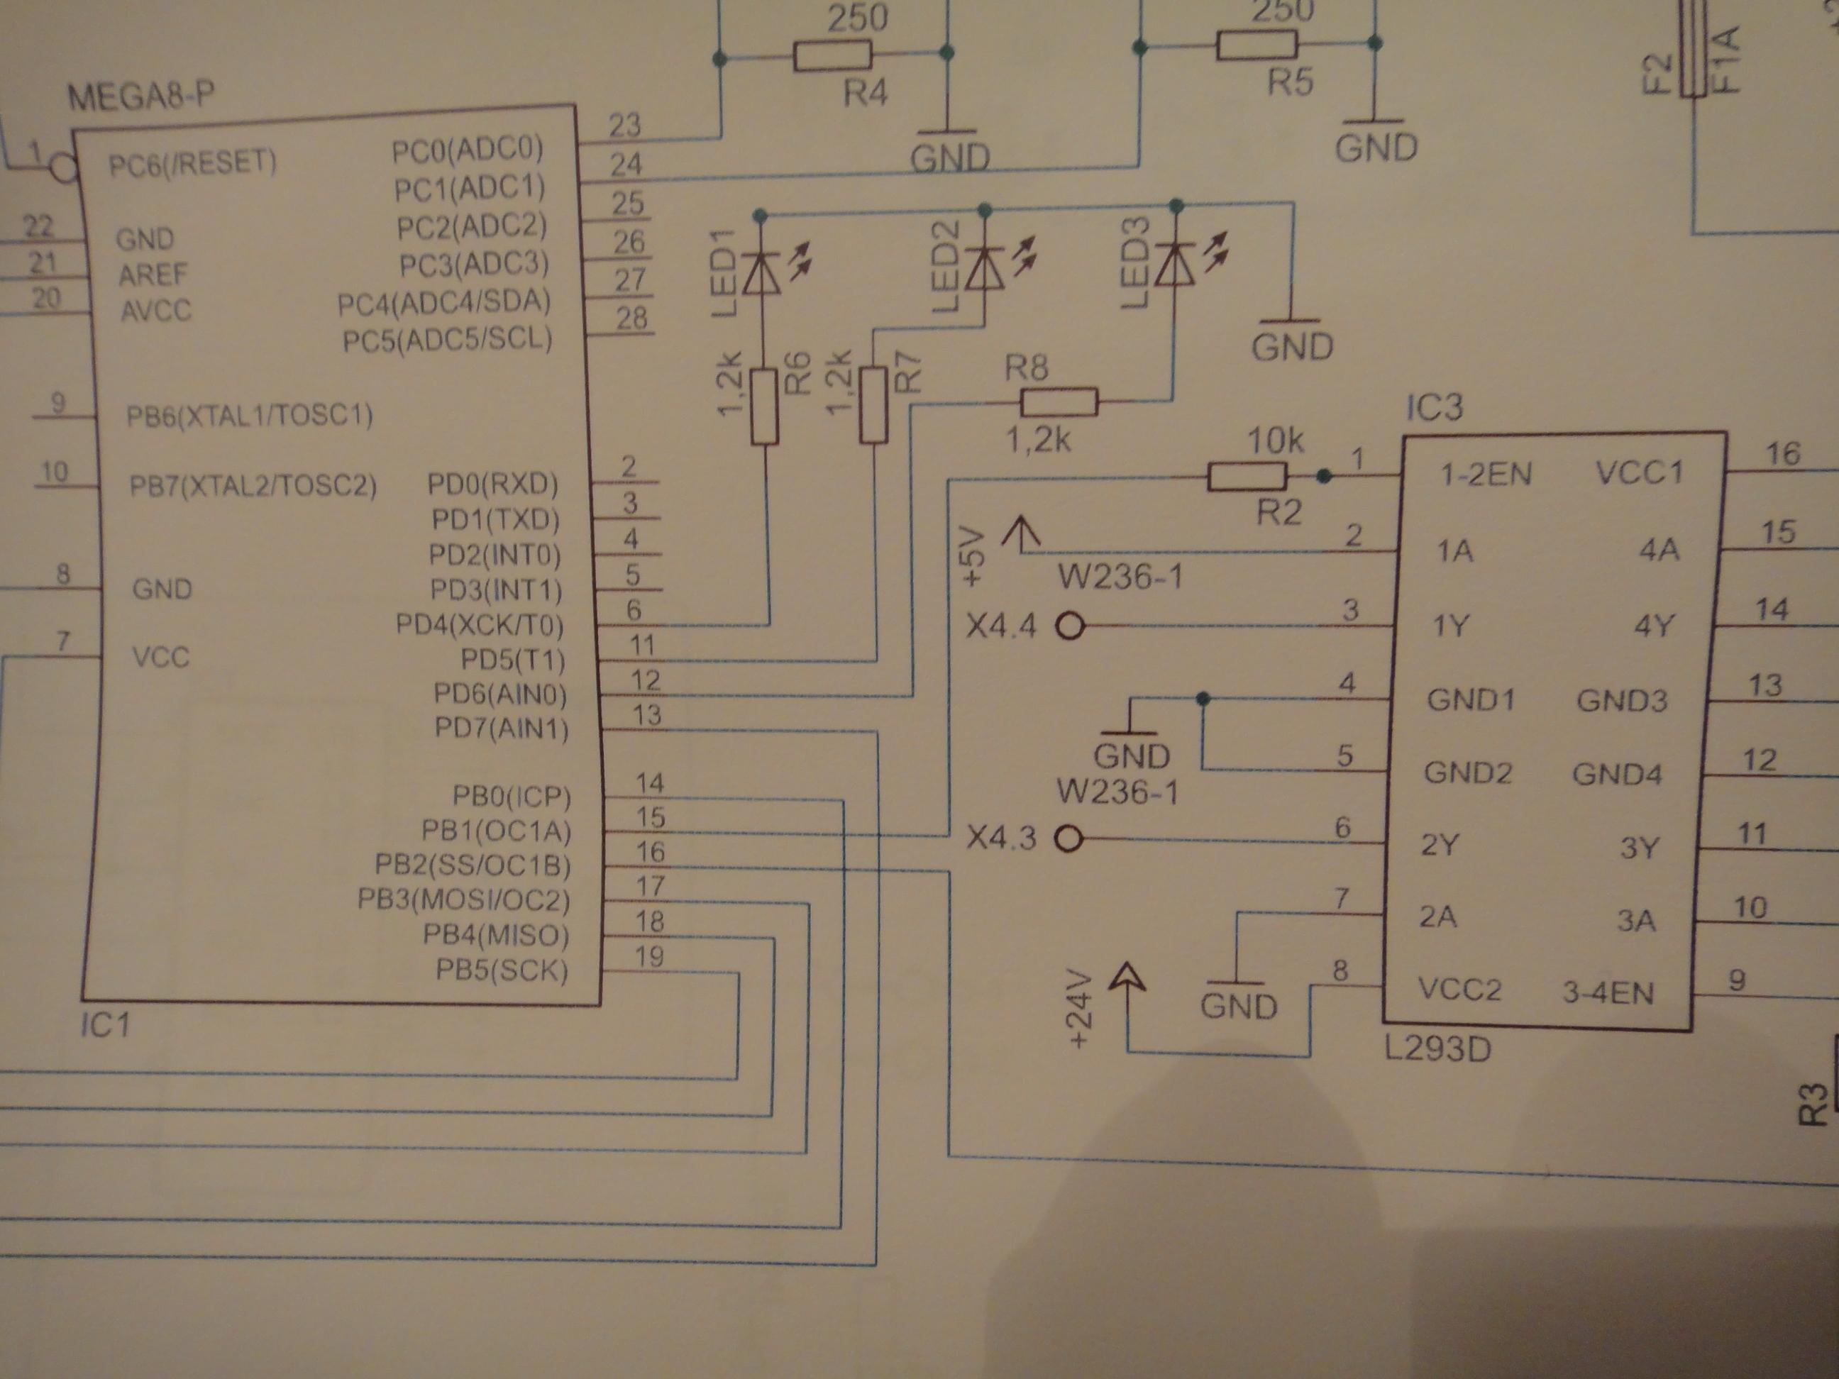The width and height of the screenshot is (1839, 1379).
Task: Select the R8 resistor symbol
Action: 1059,403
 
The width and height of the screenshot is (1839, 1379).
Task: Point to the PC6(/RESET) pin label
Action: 192,164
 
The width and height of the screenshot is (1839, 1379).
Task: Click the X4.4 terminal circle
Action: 1070,626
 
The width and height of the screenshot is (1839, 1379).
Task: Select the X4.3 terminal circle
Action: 1069,838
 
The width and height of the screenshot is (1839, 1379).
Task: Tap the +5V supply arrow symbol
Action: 1020,531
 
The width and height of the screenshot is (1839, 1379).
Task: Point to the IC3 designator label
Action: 1433,408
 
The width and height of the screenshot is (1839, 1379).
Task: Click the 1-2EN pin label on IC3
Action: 1485,475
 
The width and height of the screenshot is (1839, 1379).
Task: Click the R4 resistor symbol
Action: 832,56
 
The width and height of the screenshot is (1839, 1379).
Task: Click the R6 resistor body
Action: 765,406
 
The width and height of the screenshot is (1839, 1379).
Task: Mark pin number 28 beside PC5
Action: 632,319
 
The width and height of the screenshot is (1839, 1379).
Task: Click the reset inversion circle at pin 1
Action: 65,170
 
